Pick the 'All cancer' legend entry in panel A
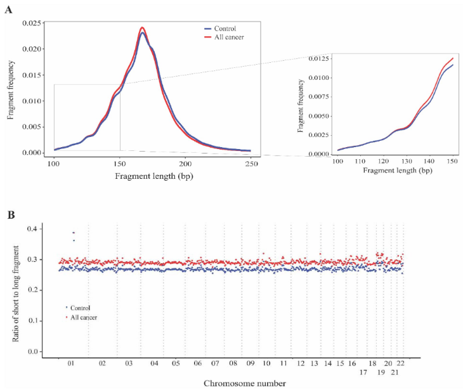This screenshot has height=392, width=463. [x=226, y=37]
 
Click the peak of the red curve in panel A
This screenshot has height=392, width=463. [x=142, y=27]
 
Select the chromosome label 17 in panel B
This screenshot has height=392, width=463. [x=363, y=372]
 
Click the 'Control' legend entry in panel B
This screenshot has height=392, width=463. [x=81, y=308]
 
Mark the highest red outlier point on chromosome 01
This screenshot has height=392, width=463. [x=74, y=233]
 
